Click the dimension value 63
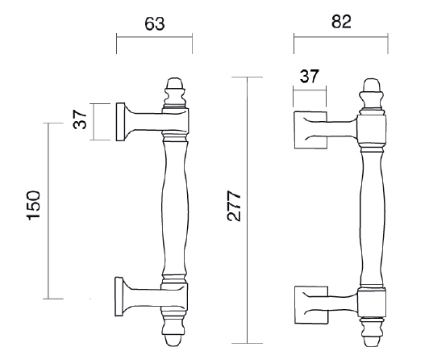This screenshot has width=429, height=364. (154, 23)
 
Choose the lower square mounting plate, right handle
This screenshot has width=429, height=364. (310, 303)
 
